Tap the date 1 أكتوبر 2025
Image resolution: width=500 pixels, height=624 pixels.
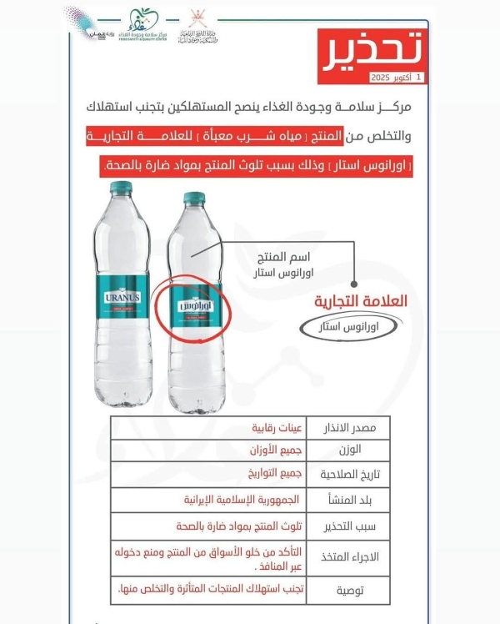point(397,78)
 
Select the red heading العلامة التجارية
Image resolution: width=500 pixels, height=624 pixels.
point(361,301)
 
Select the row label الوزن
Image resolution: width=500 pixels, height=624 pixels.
point(363,451)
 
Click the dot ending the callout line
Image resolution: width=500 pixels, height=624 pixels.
point(356,283)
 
